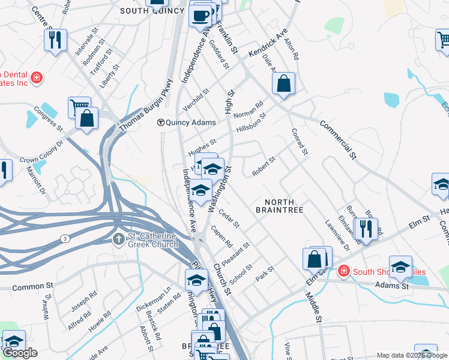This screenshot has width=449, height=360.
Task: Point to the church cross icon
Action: coord(119,239)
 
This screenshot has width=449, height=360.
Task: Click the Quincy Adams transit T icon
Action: coord(160,122)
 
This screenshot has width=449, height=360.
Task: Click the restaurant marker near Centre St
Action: coord(55,40)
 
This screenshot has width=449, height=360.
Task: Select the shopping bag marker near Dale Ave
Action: coord(284,83)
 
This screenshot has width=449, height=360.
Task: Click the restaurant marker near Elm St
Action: coord(365,229)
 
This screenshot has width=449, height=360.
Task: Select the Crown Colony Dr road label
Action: coord(41,152)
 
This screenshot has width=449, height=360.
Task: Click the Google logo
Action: coord(20,352)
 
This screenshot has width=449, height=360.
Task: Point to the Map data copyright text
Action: coord(411,355)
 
